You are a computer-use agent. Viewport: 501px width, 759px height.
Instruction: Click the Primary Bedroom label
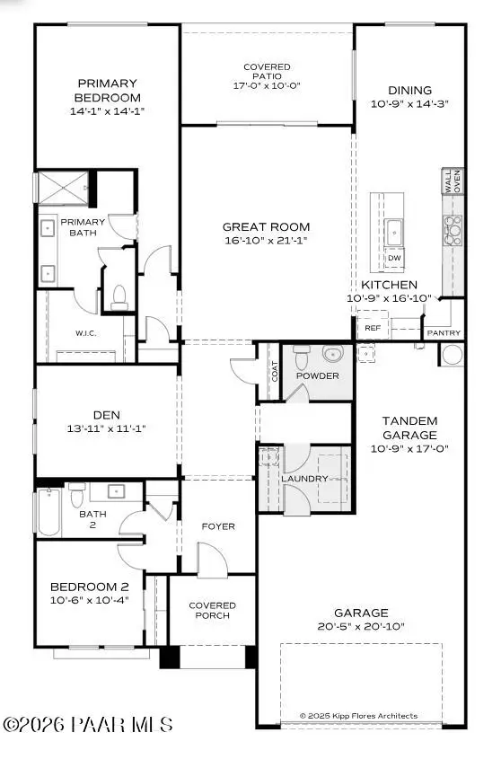(108, 90)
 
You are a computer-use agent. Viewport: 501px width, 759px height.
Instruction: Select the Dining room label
(409, 90)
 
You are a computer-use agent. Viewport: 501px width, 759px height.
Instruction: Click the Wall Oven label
(453, 181)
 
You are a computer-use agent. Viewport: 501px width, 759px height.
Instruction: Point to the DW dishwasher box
(394, 258)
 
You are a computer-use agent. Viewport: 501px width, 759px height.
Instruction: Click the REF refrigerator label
(373, 329)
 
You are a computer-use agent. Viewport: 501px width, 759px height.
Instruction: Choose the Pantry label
(444, 332)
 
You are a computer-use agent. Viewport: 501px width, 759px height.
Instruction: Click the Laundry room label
(304, 479)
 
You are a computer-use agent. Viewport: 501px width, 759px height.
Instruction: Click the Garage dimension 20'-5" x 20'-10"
(362, 625)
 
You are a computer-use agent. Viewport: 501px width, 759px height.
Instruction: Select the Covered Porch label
(212, 610)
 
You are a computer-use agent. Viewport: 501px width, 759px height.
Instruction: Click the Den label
(107, 415)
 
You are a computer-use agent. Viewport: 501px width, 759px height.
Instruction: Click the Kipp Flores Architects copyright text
(358, 716)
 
